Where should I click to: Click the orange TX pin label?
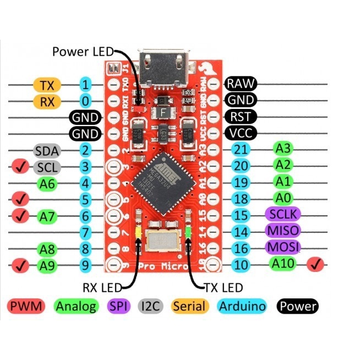pyautogui.click(x=47, y=85)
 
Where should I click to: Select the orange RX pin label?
pyautogui.click(x=47, y=101)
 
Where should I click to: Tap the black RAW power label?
pyautogui.click(x=241, y=84)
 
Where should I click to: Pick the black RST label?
pyautogui.click(x=241, y=117)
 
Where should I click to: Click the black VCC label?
pyautogui.click(x=241, y=133)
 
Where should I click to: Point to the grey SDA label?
pyautogui.click(x=47, y=150)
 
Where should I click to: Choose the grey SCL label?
pyautogui.click(x=47, y=167)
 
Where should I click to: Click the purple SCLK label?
pyautogui.click(x=283, y=214)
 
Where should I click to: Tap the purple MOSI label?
pyautogui.click(x=283, y=247)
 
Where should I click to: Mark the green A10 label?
pyautogui.click(x=283, y=264)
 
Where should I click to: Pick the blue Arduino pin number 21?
pyautogui.click(x=240, y=149)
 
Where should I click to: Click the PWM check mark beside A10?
pyautogui.click(x=316, y=265)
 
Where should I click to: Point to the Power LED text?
pyautogui.click(x=82, y=52)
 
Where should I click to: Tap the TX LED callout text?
pyautogui.click(x=223, y=287)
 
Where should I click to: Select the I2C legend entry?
pyautogui.click(x=150, y=306)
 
